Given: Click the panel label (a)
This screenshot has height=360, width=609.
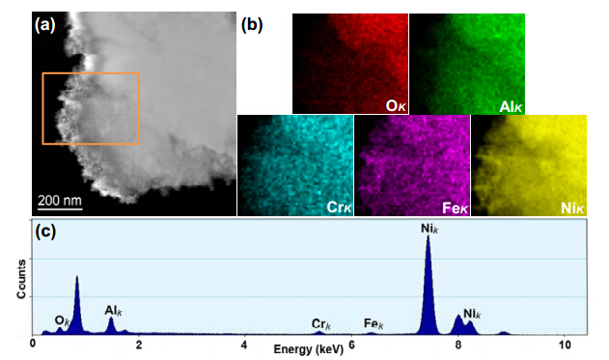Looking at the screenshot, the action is point(45,25).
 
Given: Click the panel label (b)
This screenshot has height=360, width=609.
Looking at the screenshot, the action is point(252,25).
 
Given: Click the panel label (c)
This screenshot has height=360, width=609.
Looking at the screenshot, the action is point(45,232).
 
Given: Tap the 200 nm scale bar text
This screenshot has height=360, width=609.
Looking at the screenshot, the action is point(60,201).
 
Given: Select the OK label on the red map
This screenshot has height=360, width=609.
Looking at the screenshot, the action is point(396,106).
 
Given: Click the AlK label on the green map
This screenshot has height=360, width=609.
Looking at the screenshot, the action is point(511,106).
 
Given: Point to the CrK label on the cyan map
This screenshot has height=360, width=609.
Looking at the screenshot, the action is point(339,208).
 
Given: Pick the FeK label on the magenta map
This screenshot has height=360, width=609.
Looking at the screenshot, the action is point(456,208).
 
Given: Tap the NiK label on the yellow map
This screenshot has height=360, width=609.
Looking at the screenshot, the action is point(572,208).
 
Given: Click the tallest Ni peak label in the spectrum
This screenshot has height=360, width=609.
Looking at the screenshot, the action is point(429,229).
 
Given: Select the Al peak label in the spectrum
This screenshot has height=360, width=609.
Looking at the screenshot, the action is point(113,311).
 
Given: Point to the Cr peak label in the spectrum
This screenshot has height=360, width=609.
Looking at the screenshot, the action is point(321,324).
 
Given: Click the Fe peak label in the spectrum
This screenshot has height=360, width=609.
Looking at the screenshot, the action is point(374,323).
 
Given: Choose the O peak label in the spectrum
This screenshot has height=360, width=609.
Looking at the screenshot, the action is point(62,320).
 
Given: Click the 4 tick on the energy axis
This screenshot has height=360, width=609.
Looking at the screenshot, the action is point(243,345).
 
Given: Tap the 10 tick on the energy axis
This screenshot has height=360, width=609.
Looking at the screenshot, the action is point(566,345).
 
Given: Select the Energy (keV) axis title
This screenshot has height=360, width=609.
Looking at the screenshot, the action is point(309,349).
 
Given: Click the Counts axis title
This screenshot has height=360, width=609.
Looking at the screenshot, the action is point(21,279).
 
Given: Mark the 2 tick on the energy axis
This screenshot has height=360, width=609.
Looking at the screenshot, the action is point(139,345).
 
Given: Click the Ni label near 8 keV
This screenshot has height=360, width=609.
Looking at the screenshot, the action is point(472,314).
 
